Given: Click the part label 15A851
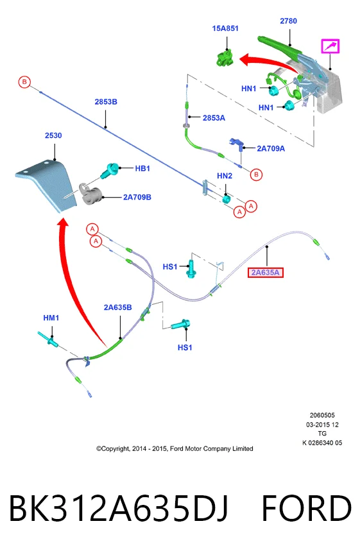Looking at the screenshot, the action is pyautogui.click(x=225, y=28).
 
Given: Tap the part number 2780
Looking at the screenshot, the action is pyautogui.click(x=288, y=21).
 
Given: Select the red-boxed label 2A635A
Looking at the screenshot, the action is pyautogui.click(x=266, y=273).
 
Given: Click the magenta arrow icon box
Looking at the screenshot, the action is pyautogui.click(x=330, y=46).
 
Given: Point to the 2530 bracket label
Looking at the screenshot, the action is pyautogui.click(x=53, y=135).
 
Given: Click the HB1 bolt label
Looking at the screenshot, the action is pyautogui.click(x=142, y=169).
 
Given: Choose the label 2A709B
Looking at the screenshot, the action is pyautogui.click(x=137, y=197).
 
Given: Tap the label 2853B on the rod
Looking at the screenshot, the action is pyautogui.click(x=106, y=101).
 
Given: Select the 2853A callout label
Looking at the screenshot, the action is pyautogui.click(x=214, y=118).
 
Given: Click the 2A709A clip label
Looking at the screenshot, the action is pyautogui.click(x=271, y=148).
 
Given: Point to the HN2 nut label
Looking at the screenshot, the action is pyautogui.click(x=225, y=176).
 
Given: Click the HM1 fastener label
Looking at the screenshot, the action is pyautogui.click(x=51, y=318).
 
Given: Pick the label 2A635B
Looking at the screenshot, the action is pyautogui.click(x=118, y=307).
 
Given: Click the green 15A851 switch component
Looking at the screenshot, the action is pyautogui.click(x=225, y=58).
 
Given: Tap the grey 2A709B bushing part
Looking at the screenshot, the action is pyautogui.click(x=90, y=194).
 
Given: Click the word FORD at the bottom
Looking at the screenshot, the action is pyautogui.click(x=306, y=508).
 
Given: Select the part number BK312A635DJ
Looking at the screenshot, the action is pyautogui.click(x=118, y=508).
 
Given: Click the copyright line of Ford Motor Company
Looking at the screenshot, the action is pyautogui.click(x=175, y=448).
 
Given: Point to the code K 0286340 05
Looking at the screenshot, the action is pyautogui.click(x=322, y=443).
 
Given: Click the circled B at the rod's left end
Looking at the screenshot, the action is pyautogui.click(x=24, y=82).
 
